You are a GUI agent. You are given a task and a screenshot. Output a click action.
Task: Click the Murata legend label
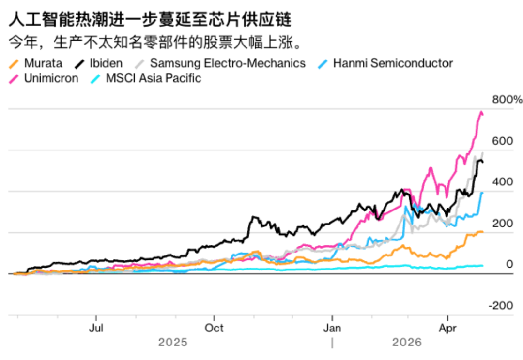pos(43,63)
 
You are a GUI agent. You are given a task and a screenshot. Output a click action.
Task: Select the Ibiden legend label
pos(106,63)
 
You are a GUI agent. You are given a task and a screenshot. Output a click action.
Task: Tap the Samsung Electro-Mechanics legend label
pos(228,63)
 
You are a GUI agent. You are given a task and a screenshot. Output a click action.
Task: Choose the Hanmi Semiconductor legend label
pos(393,63)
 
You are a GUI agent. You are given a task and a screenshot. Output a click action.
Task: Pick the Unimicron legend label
pos(51,78)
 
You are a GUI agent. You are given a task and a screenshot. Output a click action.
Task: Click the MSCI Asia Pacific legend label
pos(153,78)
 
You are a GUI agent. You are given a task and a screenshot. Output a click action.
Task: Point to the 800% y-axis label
pos(507,100)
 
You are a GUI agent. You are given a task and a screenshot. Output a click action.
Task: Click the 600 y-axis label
pos(502,141)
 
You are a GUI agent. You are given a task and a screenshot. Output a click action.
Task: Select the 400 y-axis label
pos(502,182)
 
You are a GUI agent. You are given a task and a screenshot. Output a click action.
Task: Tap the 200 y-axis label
pos(502,224)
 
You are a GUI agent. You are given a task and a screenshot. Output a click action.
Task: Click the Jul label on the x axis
pos(96,328)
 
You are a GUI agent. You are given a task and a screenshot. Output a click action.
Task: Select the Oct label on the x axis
pos(214,328)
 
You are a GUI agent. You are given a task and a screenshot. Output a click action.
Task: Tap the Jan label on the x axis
pos(332,328)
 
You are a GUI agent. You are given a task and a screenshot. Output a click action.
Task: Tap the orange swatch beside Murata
pos(15,64)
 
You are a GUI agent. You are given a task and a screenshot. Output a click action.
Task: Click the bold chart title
pos(150,21)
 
